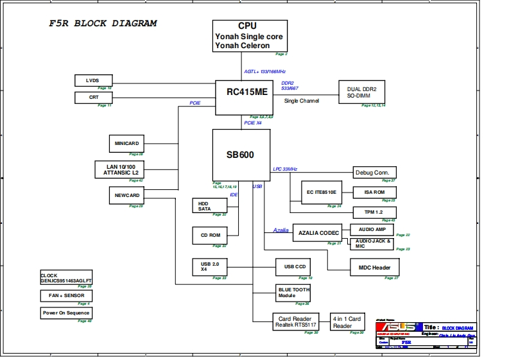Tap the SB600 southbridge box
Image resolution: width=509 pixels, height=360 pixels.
click(241, 155)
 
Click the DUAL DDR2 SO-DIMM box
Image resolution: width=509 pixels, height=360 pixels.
click(361, 91)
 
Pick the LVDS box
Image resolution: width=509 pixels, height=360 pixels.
click(93, 80)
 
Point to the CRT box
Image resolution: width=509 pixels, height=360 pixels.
click(93, 98)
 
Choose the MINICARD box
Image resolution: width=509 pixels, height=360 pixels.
click(127, 143)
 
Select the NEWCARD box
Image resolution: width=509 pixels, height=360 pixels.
click(127, 195)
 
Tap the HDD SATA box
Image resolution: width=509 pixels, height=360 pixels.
click(209, 205)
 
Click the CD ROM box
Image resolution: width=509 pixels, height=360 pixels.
click(210, 235)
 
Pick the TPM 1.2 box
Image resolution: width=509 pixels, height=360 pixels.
click(375, 212)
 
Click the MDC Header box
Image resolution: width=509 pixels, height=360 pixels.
click(374, 267)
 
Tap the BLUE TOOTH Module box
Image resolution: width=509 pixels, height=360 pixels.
click(293, 293)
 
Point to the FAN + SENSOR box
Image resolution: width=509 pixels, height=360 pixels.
click(66, 296)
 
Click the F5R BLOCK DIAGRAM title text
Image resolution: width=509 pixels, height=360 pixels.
click(103, 24)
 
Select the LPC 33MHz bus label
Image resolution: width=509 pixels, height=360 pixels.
click(285, 169)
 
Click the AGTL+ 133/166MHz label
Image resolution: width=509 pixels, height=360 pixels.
click(265, 72)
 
